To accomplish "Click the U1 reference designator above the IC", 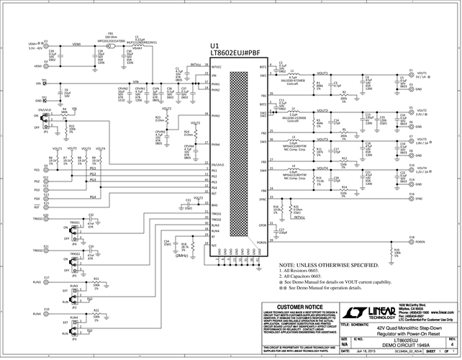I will click(214, 45).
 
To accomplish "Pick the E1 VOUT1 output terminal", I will click(409, 75).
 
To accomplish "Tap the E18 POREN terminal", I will click(410, 241).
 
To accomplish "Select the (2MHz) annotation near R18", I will click(181, 256).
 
